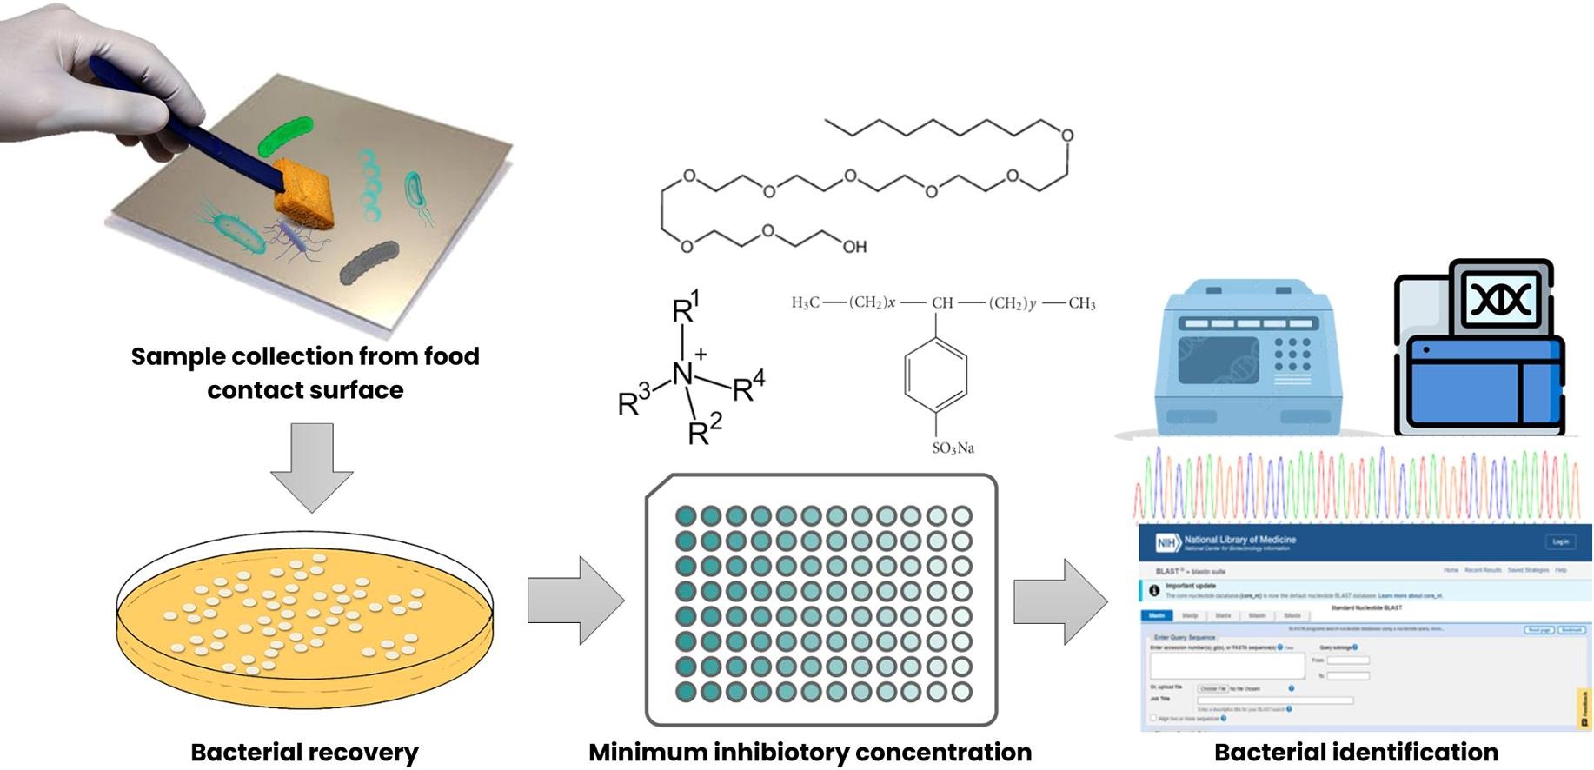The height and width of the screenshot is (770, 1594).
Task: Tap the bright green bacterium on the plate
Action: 284,136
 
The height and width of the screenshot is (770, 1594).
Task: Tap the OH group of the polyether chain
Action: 854,248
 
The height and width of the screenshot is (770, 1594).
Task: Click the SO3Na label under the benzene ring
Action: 953,448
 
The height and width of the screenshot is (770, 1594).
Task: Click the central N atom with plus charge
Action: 684,375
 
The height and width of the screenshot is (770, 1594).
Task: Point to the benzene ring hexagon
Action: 936,375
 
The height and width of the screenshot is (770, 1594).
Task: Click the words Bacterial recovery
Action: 304,752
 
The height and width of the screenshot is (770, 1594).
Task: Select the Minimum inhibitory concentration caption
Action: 810,752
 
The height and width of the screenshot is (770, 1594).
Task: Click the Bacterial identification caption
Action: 1356,752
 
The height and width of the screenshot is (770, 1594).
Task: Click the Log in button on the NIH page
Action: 1560,542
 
